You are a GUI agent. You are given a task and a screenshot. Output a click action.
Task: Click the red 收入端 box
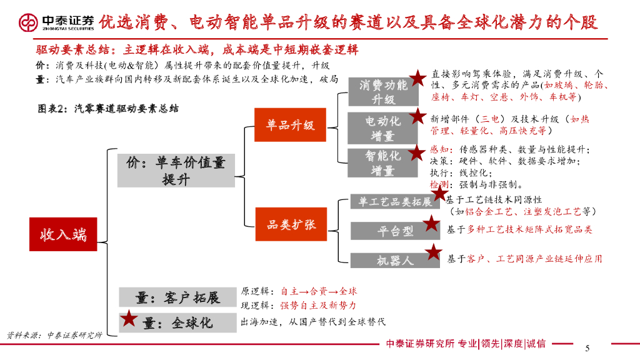pos(63,234)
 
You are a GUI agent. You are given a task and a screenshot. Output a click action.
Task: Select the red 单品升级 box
pos(290,125)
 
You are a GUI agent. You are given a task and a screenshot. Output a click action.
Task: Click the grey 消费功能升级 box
pos(383,91)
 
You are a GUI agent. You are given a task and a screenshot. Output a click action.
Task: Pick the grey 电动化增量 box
pos(383,128)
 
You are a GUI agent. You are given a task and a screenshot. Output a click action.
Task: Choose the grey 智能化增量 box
pos(383,162)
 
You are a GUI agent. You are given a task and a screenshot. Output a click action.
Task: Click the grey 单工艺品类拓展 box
pos(395,202)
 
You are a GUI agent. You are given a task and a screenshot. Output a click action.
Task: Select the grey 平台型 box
pos(395,231)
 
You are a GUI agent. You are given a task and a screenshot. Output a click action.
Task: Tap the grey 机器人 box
pos(395,260)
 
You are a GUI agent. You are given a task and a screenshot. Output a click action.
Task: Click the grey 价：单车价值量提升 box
pos(176,171)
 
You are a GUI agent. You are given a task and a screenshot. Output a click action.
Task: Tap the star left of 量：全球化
pos(129,319)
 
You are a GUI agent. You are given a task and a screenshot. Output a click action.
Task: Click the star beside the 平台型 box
pos(431,223)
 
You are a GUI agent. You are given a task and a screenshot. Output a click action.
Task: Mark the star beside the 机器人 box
pos(434,252)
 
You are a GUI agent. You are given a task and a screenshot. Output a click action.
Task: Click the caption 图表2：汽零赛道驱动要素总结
pos(107,108)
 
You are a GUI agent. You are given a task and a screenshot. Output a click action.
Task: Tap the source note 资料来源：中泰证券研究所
pos(54,335)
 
